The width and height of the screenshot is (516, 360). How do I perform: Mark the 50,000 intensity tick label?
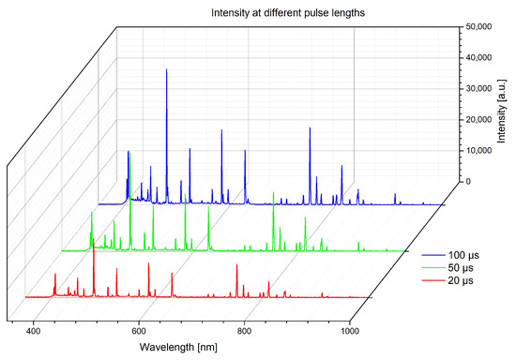[479, 28]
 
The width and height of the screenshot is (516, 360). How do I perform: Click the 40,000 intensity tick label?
[479, 59]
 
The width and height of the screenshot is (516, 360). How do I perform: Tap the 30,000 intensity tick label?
[479, 90]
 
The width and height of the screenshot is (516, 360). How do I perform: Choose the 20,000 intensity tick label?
[479, 121]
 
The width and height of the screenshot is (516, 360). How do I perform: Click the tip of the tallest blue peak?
[167, 69]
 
